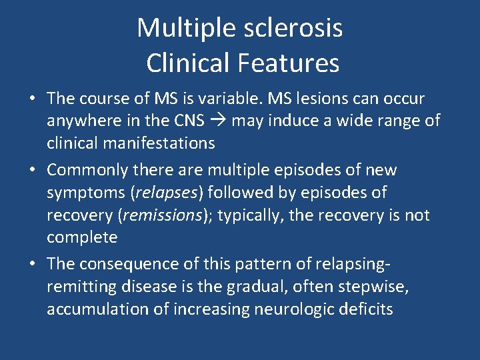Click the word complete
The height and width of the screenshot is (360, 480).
click(x=82, y=237)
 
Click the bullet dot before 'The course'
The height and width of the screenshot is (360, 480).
click(x=32, y=99)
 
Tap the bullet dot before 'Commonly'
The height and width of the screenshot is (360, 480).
click(x=32, y=171)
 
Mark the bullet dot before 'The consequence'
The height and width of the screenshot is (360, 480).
click(x=32, y=265)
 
